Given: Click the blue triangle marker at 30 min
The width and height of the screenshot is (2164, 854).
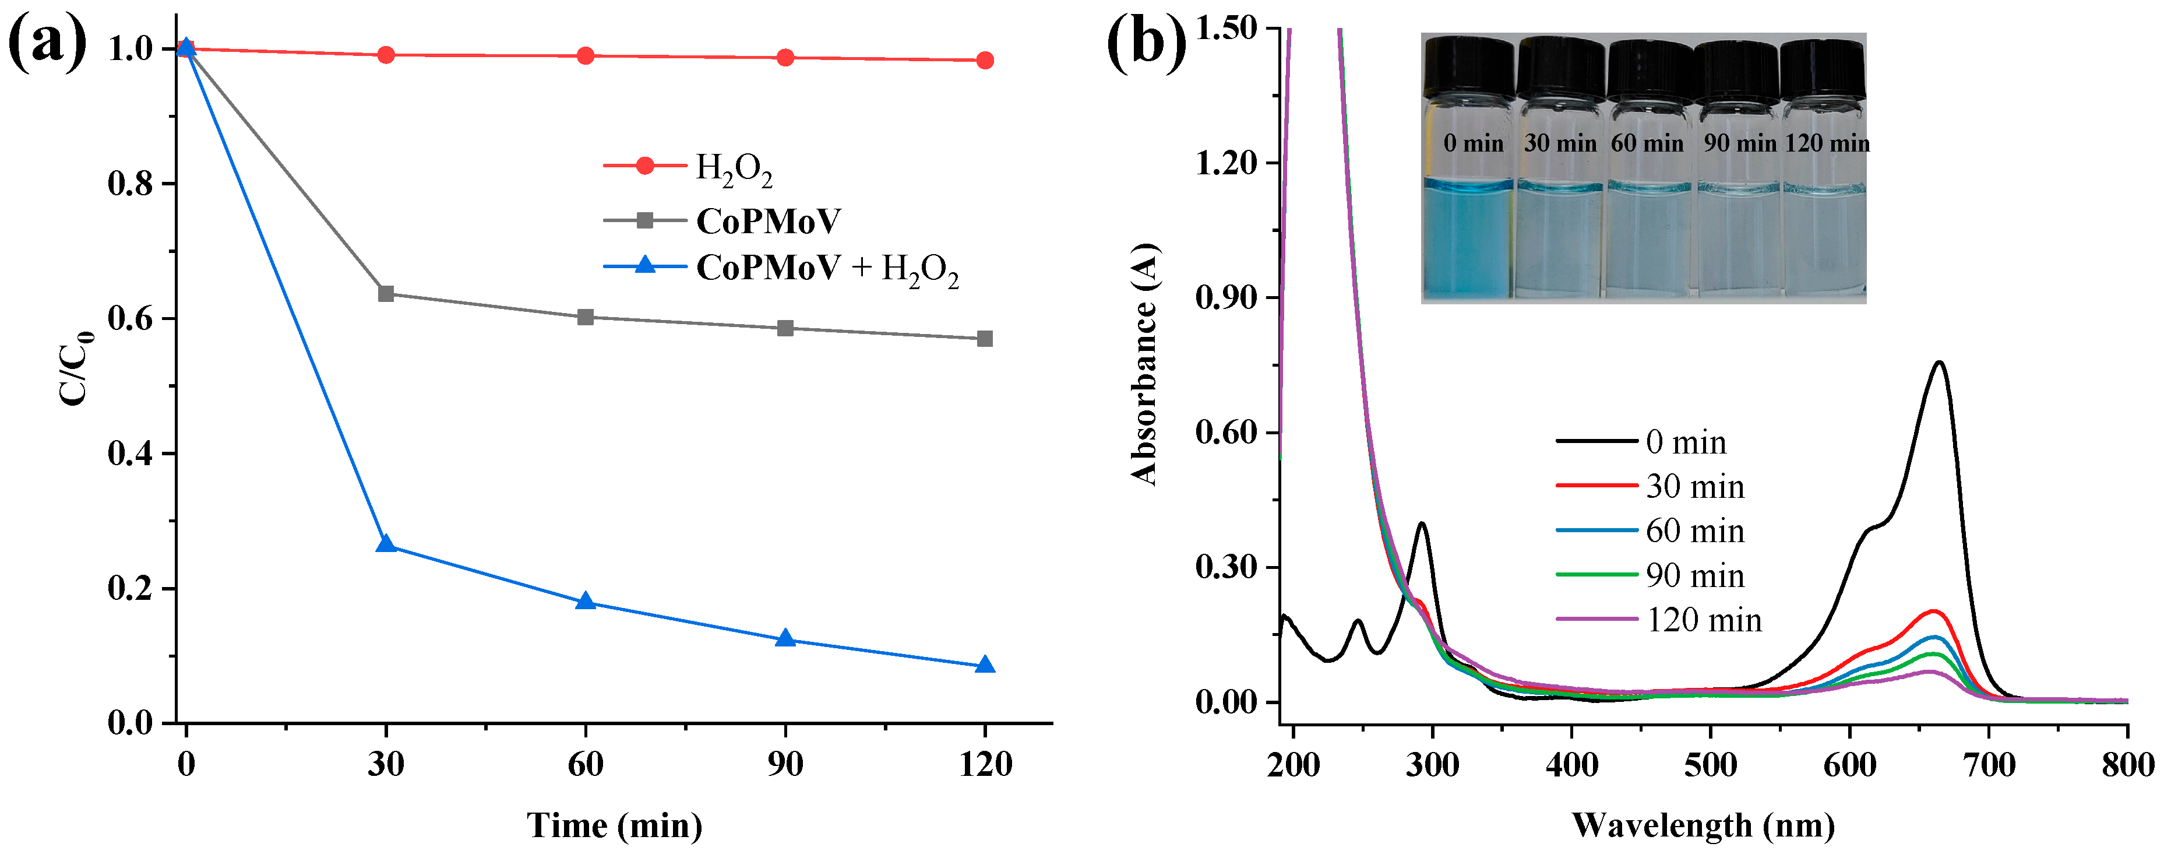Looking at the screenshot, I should pyautogui.click(x=386, y=544).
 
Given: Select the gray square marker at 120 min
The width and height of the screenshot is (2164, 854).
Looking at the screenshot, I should pyautogui.click(x=985, y=339).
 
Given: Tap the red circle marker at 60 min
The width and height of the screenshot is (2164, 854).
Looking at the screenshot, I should pyautogui.click(x=586, y=57).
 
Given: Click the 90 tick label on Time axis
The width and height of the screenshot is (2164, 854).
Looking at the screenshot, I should pyautogui.click(x=785, y=764).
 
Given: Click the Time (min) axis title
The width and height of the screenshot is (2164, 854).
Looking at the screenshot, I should pyautogui.click(x=614, y=825).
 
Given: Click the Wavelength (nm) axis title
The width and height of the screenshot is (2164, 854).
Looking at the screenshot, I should pyautogui.click(x=1703, y=825).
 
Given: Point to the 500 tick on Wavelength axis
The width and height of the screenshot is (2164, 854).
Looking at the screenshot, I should pyautogui.click(x=1710, y=764).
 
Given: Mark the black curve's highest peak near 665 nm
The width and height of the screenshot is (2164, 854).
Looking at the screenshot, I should pyautogui.click(x=1940, y=363).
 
